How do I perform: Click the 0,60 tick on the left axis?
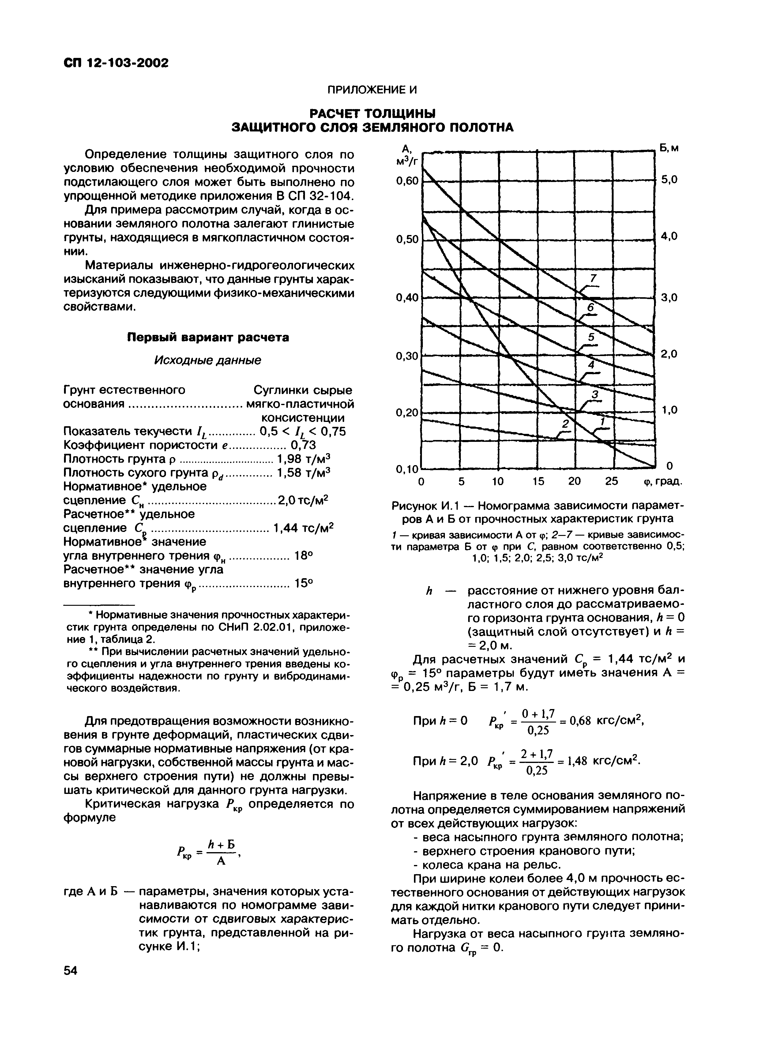[407, 181]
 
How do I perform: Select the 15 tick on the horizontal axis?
[538, 481]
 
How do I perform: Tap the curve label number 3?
[595, 394]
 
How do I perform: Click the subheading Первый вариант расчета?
[208, 337]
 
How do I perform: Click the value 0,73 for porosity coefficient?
[303, 445]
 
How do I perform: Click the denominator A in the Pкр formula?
[220, 861]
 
